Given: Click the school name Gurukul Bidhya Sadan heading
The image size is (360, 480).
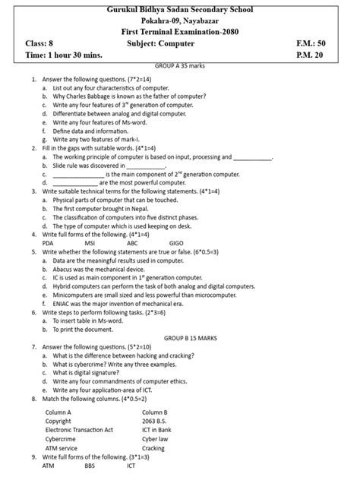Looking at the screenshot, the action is click(180, 9).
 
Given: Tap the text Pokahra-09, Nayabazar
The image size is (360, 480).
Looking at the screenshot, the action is click(180, 22).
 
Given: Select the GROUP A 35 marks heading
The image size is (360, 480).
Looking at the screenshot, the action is click(180, 67).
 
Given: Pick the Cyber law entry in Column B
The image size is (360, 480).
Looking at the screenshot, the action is click(155, 438).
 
